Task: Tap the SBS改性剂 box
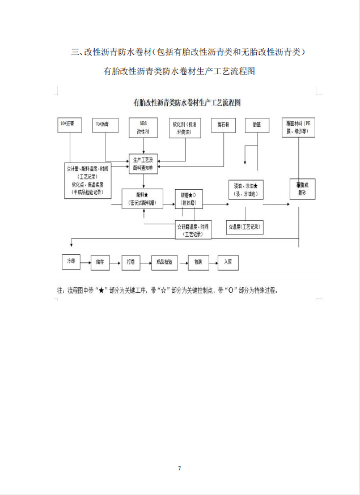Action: click(x=143, y=128)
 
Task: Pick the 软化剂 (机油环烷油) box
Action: click(x=186, y=128)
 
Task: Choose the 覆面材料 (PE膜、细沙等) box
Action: click(x=299, y=128)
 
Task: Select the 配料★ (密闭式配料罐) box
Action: click(x=142, y=198)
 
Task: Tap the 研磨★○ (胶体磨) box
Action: click(x=189, y=198)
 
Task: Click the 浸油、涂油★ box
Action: click(x=245, y=190)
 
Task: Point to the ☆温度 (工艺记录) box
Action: click(x=244, y=227)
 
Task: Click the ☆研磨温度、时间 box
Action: click(x=193, y=229)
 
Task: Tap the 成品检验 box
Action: click(x=164, y=262)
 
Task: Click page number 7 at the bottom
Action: click(x=179, y=468)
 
